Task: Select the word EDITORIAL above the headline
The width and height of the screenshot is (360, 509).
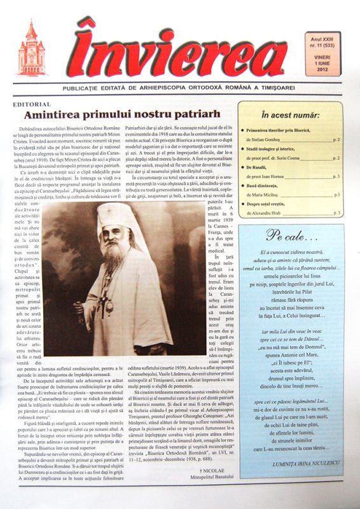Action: pos(29,102)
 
